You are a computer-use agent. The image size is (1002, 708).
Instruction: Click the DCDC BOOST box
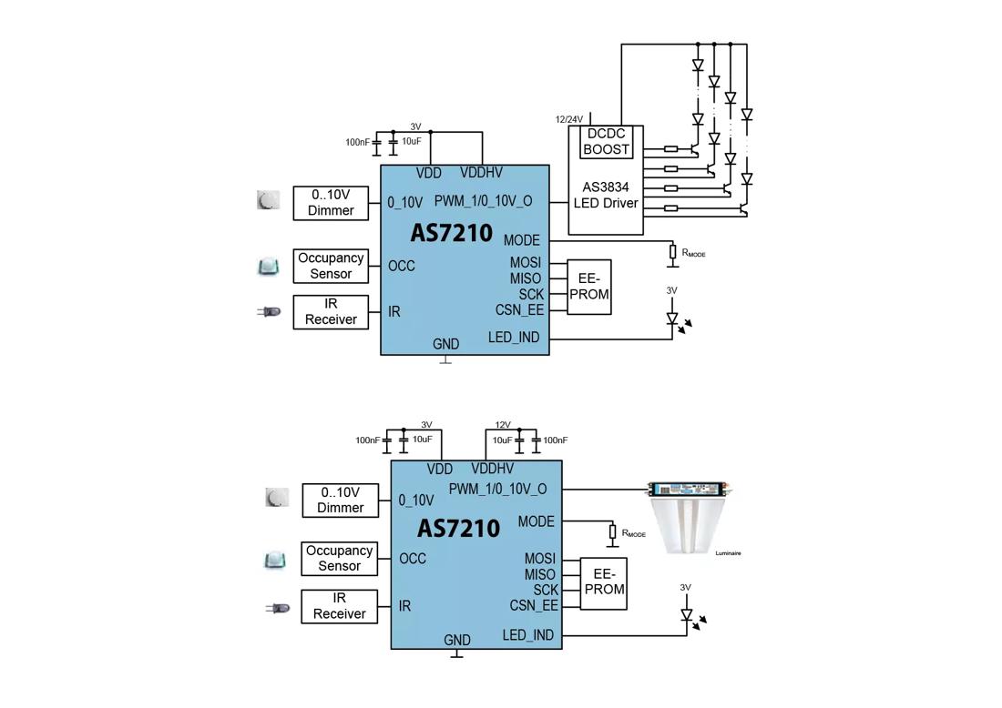point(606,142)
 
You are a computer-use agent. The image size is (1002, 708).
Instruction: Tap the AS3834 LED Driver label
point(606,196)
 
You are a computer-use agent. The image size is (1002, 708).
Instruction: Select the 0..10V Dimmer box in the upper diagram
point(331,203)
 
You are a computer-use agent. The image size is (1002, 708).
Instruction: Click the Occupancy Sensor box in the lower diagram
point(339,559)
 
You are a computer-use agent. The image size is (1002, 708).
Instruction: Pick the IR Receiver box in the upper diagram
point(331,311)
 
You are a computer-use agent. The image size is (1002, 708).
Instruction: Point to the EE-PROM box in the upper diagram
point(589,288)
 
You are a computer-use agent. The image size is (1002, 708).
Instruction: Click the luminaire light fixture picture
point(690,517)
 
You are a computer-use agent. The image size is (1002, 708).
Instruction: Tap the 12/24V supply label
point(568,119)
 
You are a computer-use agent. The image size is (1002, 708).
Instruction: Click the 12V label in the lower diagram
point(503,425)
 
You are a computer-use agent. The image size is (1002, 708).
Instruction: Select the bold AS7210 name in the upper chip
point(451,233)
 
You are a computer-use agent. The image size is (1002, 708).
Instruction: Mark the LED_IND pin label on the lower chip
point(528,635)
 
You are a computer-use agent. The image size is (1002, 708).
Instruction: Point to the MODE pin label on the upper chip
point(522,240)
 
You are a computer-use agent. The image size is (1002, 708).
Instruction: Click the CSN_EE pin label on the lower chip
point(534,605)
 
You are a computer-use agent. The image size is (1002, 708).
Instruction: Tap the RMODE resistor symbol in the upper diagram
point(673,252)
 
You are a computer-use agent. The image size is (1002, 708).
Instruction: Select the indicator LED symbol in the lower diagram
point(688,616)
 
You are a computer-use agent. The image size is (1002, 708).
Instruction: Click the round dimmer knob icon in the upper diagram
point(269,200)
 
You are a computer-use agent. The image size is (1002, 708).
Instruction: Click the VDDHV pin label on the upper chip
point(481,173)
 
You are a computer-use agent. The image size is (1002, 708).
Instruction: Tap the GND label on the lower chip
point(457,641)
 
